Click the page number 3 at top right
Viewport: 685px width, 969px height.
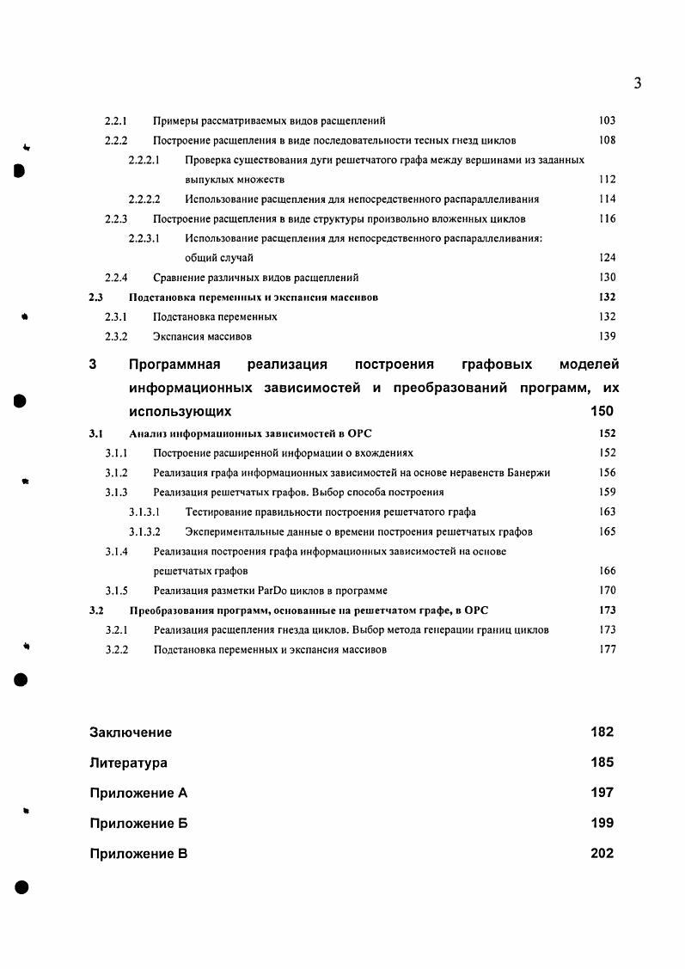pos(637,83)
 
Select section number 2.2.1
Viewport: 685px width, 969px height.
pos(116,121)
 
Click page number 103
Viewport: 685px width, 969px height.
pos(607,121)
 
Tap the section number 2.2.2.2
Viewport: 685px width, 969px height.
pos(144,199)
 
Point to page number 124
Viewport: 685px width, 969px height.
pos(607,258)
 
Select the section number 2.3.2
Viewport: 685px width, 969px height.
pos(116,336)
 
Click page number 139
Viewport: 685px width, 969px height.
pos(607,336)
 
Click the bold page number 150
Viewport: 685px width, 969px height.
pos(602,412)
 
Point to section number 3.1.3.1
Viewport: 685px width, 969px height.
pos(144,512)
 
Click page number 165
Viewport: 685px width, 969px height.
pos(607,532)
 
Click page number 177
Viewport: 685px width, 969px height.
pos(607,650)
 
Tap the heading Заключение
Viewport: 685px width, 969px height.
pos(131,733)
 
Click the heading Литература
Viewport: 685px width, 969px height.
pos(128,763)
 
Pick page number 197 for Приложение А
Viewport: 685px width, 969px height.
pos(602,793)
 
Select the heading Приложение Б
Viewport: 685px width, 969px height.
pos(138,824)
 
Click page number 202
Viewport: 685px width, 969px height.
pos(602,854)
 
